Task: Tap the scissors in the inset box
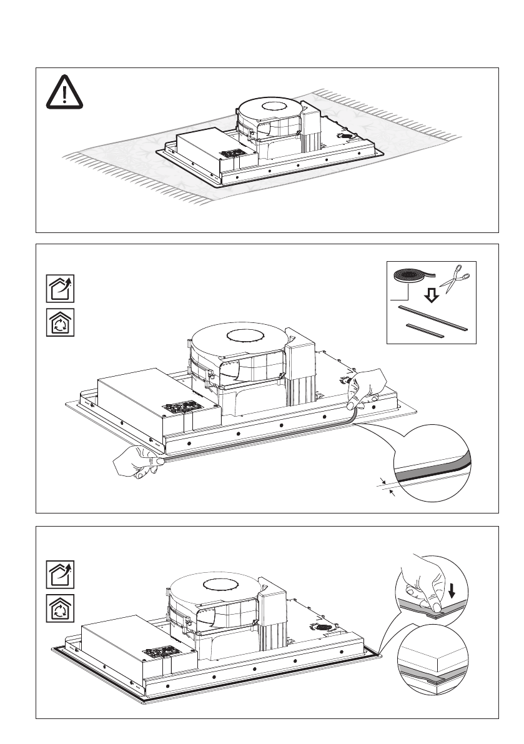pos(454,279)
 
